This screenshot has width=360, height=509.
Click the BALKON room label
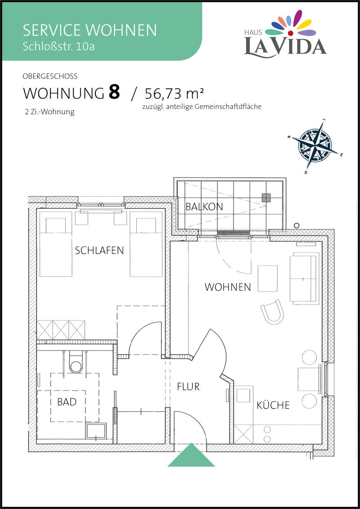[204, 207]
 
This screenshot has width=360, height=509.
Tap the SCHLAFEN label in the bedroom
[99, 251]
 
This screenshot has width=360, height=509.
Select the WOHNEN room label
[228, 287]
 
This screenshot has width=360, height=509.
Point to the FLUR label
[188, 387]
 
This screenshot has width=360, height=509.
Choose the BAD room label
[67, 402]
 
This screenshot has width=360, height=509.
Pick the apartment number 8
[114, 92]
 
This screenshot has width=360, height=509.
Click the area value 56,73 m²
[174, 94]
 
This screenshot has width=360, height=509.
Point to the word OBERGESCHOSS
[50, 77]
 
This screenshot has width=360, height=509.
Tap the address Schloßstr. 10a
[59, 46]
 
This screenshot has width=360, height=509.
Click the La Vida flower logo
[291, 24]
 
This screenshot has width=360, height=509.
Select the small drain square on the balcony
[266, 198]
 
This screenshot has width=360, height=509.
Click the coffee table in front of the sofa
[268, 279]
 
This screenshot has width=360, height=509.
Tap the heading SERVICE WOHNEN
[90, 30]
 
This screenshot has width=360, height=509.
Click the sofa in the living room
[304, 278]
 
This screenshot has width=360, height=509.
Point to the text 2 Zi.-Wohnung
[49, 113]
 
